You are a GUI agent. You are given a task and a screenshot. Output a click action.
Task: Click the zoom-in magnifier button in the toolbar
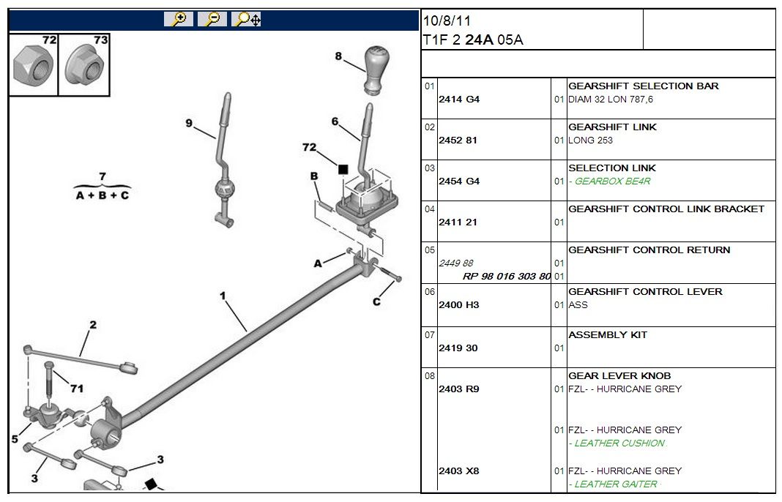[178, 20]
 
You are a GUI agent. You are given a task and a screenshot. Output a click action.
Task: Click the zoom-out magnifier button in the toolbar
[212, 20]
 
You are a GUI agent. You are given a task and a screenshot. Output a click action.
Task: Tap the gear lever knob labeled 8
[376, 72]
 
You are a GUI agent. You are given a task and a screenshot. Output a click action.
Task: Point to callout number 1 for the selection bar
[223, 296]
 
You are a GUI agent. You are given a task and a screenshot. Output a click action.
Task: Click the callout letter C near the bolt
[376, 301]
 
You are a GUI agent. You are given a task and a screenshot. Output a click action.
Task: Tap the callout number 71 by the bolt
[77, 389]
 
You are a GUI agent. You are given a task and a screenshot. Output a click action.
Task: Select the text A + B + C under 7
[103, 196]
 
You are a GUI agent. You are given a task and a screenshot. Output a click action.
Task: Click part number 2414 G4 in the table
[459, 100]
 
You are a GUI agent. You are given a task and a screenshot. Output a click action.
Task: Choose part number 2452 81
[458, 141]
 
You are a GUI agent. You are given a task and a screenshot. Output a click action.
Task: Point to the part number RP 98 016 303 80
[507, 277]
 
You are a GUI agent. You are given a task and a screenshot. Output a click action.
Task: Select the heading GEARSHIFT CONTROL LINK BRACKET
[666, 209]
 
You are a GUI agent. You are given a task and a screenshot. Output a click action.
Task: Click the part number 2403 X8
[459, 471]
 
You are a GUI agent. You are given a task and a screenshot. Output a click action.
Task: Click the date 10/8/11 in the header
[447, 21]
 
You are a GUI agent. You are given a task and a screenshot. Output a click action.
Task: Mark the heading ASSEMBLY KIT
[608, 335]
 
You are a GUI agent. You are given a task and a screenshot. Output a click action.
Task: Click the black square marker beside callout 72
[343, 169]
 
